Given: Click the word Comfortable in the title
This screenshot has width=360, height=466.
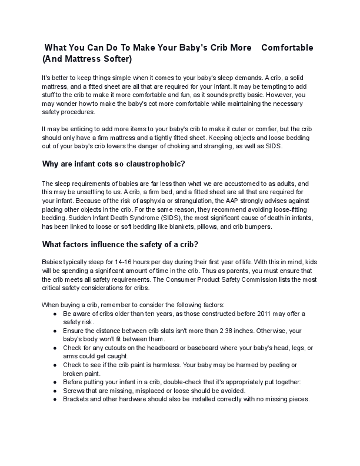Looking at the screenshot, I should click(x=286, y=47).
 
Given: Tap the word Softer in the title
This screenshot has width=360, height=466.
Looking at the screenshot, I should click(x=116, y=59).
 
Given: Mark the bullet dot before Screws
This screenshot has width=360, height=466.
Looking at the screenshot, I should click(x=54, y=391).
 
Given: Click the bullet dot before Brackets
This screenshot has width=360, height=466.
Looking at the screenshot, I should click(x=54, y=399).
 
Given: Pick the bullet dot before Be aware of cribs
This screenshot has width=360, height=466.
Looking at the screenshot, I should click(x=54, y=314).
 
